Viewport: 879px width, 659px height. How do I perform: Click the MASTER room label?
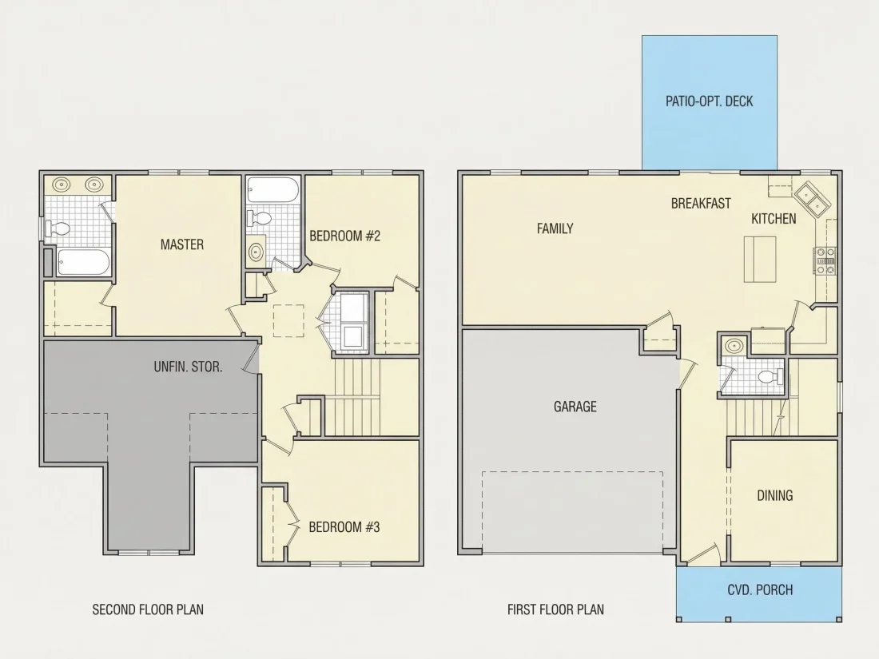click(x=182, y=244)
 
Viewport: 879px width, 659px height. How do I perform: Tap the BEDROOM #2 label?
click(x=344, y=236)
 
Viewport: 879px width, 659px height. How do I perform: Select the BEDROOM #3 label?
click(x=344, y=526)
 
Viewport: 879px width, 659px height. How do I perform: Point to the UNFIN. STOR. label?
click(x=188, y=367)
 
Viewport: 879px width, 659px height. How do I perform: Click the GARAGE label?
click(x=575, y=407)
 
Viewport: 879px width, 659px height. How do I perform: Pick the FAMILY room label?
click(x=555, y=228)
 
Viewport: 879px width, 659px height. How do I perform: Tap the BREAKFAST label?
click(x=701, y=204)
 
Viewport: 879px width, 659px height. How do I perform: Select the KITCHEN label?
click(x=774, y=219)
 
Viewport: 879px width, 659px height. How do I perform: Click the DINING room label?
click(x=775, y=495)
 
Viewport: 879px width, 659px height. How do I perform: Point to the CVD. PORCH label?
click(x=760, y=590)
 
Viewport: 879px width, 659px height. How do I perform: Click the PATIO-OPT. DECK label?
click(x=709, y=101)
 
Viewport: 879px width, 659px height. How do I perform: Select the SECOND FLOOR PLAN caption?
click(x=148, y=609)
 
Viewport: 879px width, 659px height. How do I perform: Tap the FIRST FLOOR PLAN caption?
click(x=555, y=609)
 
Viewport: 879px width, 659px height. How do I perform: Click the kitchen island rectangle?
click(x=760, y=259)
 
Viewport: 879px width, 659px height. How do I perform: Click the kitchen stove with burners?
click(x=825, y=261)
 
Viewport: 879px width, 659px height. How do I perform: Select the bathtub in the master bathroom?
click(x=84, y=262)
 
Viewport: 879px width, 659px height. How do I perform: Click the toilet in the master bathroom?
click(x=58, y=228)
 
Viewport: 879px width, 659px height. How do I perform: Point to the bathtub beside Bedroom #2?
click(x=272, y=191)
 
